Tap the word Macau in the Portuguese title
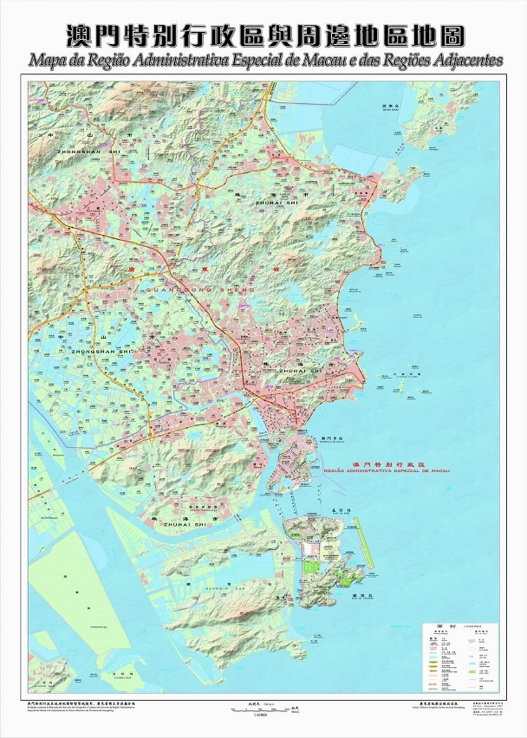[x=323, y=62]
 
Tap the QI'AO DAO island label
[x=393, y=108]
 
